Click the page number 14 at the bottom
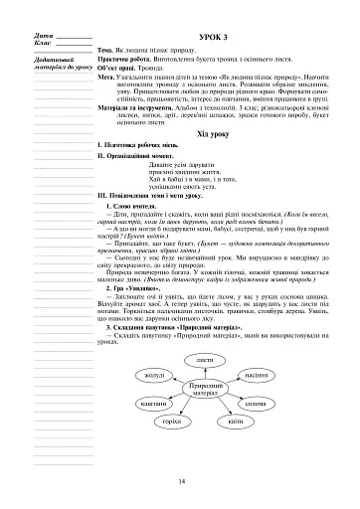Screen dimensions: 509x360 tap(181, 483)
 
